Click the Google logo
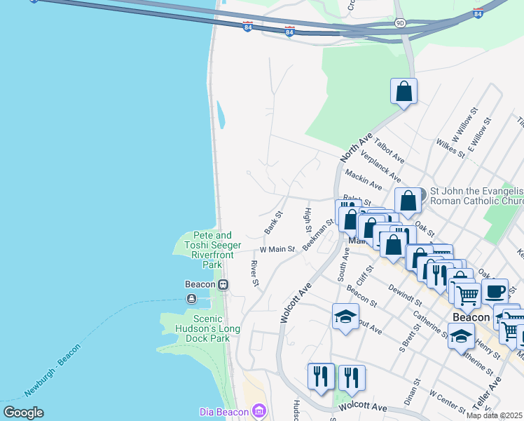(x=23, y=413)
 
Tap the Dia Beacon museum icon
(x=258, y=410)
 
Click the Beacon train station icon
(x=223, y=284)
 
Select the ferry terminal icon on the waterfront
(x=191, y=298)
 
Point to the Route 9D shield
(x=399, y=22)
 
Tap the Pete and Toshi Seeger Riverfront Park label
(x=212, y=250)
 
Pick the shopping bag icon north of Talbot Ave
(x=404, y=91)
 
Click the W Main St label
(x=277, y=249)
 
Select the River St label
(x=255, y=274)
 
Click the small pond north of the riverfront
(x=221, y=114)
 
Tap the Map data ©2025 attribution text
(x=495, y=415)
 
